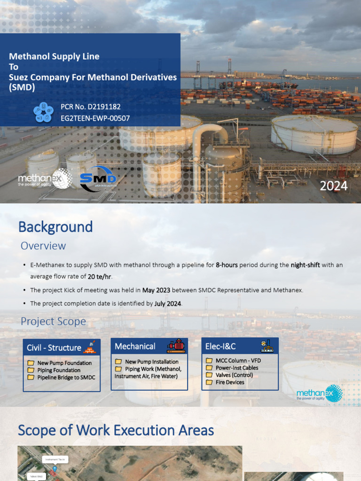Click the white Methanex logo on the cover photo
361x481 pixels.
coord(45,179)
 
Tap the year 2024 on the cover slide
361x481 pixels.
coord(334,186)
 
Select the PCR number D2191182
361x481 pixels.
coord(91,107)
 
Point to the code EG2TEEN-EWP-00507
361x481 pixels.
coord(95,118)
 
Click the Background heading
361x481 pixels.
coord(55,227)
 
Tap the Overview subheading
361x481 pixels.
coord(43,246)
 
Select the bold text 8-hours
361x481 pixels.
coord(227,265)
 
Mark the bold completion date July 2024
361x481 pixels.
coord(168,304)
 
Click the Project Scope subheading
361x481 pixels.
coord(53,321)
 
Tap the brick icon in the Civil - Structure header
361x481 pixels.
coord(89,347)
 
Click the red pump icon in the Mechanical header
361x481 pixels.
coord(176,346)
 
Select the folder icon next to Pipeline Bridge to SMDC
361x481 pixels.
coord(31,378)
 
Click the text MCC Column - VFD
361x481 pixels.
coord(238,361)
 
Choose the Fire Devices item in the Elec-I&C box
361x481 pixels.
coord(230,382)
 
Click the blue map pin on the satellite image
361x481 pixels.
coord(55,469)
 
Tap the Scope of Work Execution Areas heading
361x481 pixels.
coord(116,430)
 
